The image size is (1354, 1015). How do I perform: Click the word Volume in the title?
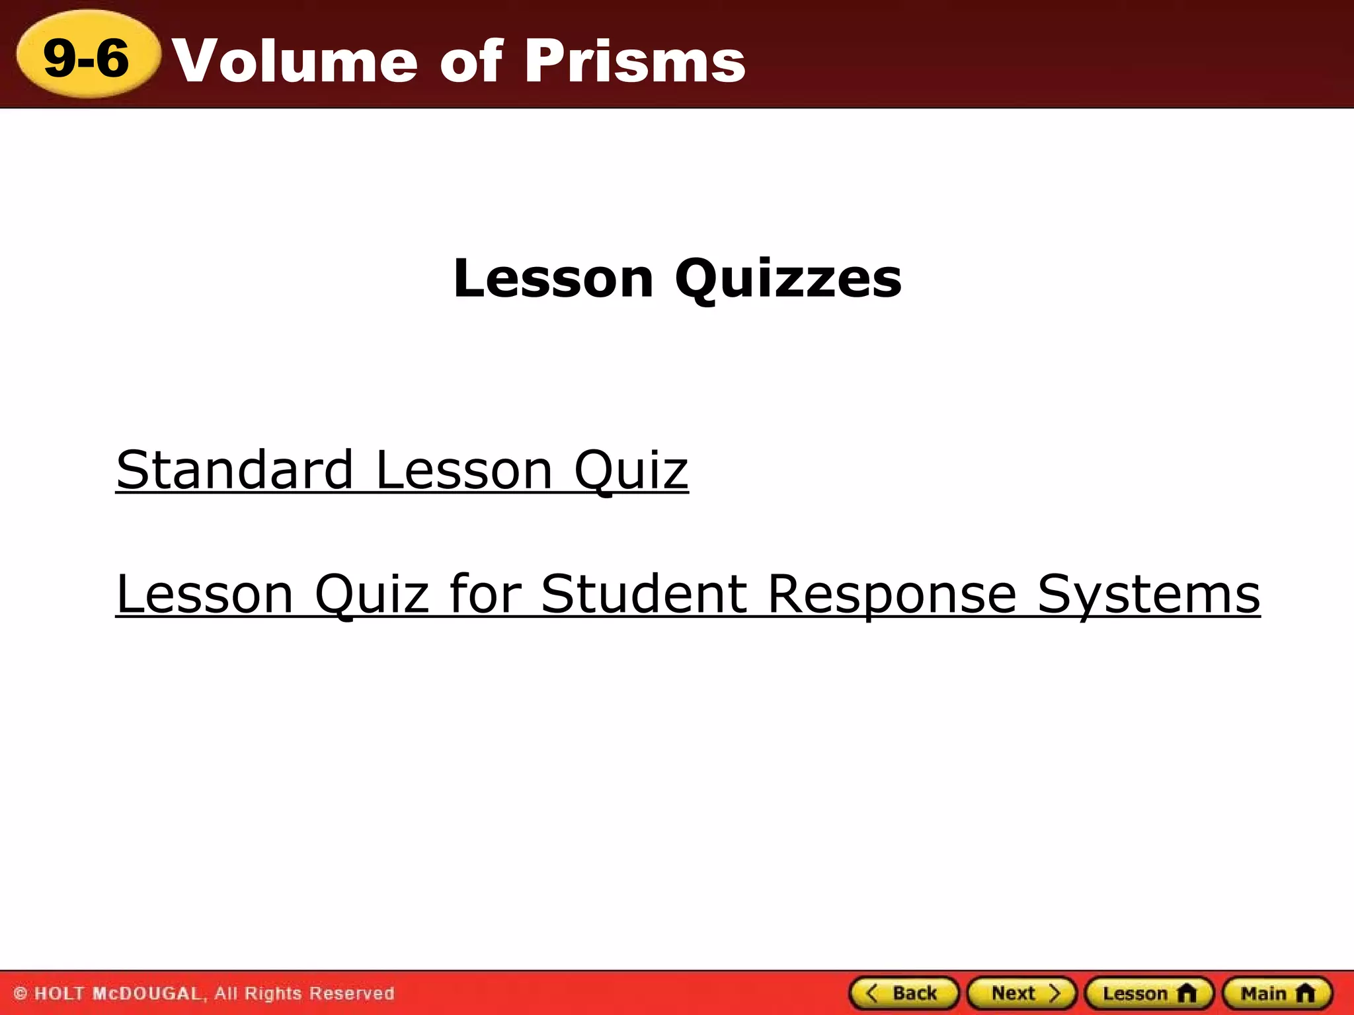click(295, 61)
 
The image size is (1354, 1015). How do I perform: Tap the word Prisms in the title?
click(635, 61)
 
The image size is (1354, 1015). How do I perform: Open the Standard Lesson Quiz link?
click(402, 470)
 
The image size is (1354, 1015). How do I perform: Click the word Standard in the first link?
click(235, 470)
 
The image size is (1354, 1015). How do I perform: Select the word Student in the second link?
click(645, 594)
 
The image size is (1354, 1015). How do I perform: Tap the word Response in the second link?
click(892, 594)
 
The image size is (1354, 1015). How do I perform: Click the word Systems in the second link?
click(1148, 594)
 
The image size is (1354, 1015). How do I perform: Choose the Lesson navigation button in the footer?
click(1149, 993)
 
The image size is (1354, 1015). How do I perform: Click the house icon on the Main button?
click(1305, 993)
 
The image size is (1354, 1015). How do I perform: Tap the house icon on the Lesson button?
click(1187, 993)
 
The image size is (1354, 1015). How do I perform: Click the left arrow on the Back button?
click(872, 993)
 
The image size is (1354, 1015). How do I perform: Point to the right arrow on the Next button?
click(1055, 993)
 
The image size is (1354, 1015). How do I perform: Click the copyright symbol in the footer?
click(20, 993)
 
